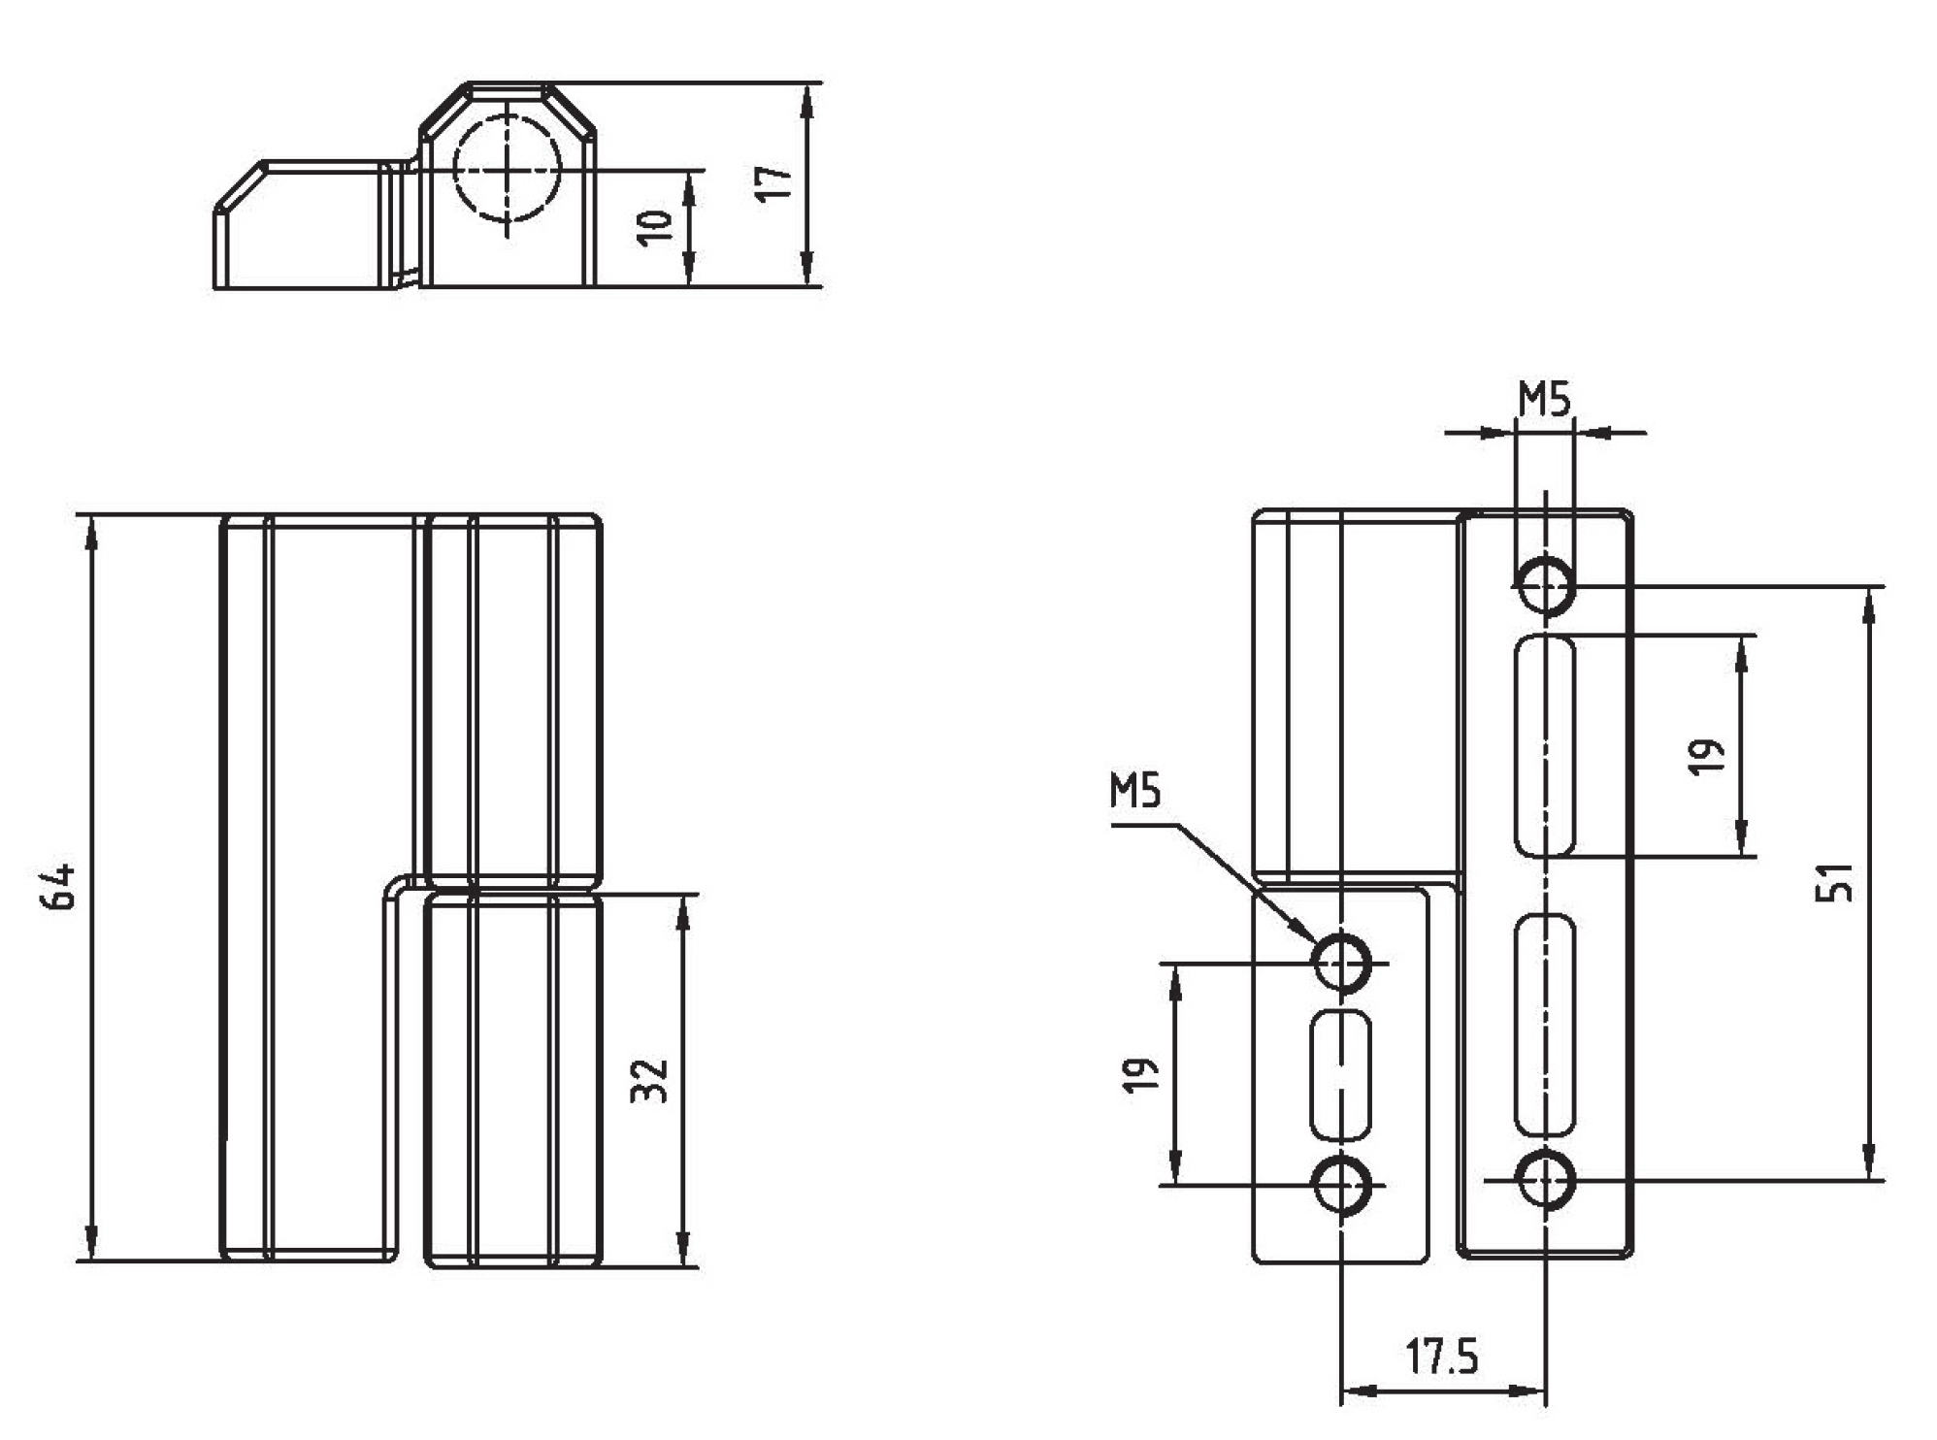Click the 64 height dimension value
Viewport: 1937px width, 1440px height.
tap(59, 885)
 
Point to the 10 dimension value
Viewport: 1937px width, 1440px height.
tap(656, 226)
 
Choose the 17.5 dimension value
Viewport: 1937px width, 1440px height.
tap(1442, 1357)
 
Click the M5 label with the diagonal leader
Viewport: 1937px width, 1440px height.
tap(1135, 792)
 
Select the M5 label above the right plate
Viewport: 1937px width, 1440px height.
tap(1544, 399)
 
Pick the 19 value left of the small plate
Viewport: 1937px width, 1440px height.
tap(1141, 1074)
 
